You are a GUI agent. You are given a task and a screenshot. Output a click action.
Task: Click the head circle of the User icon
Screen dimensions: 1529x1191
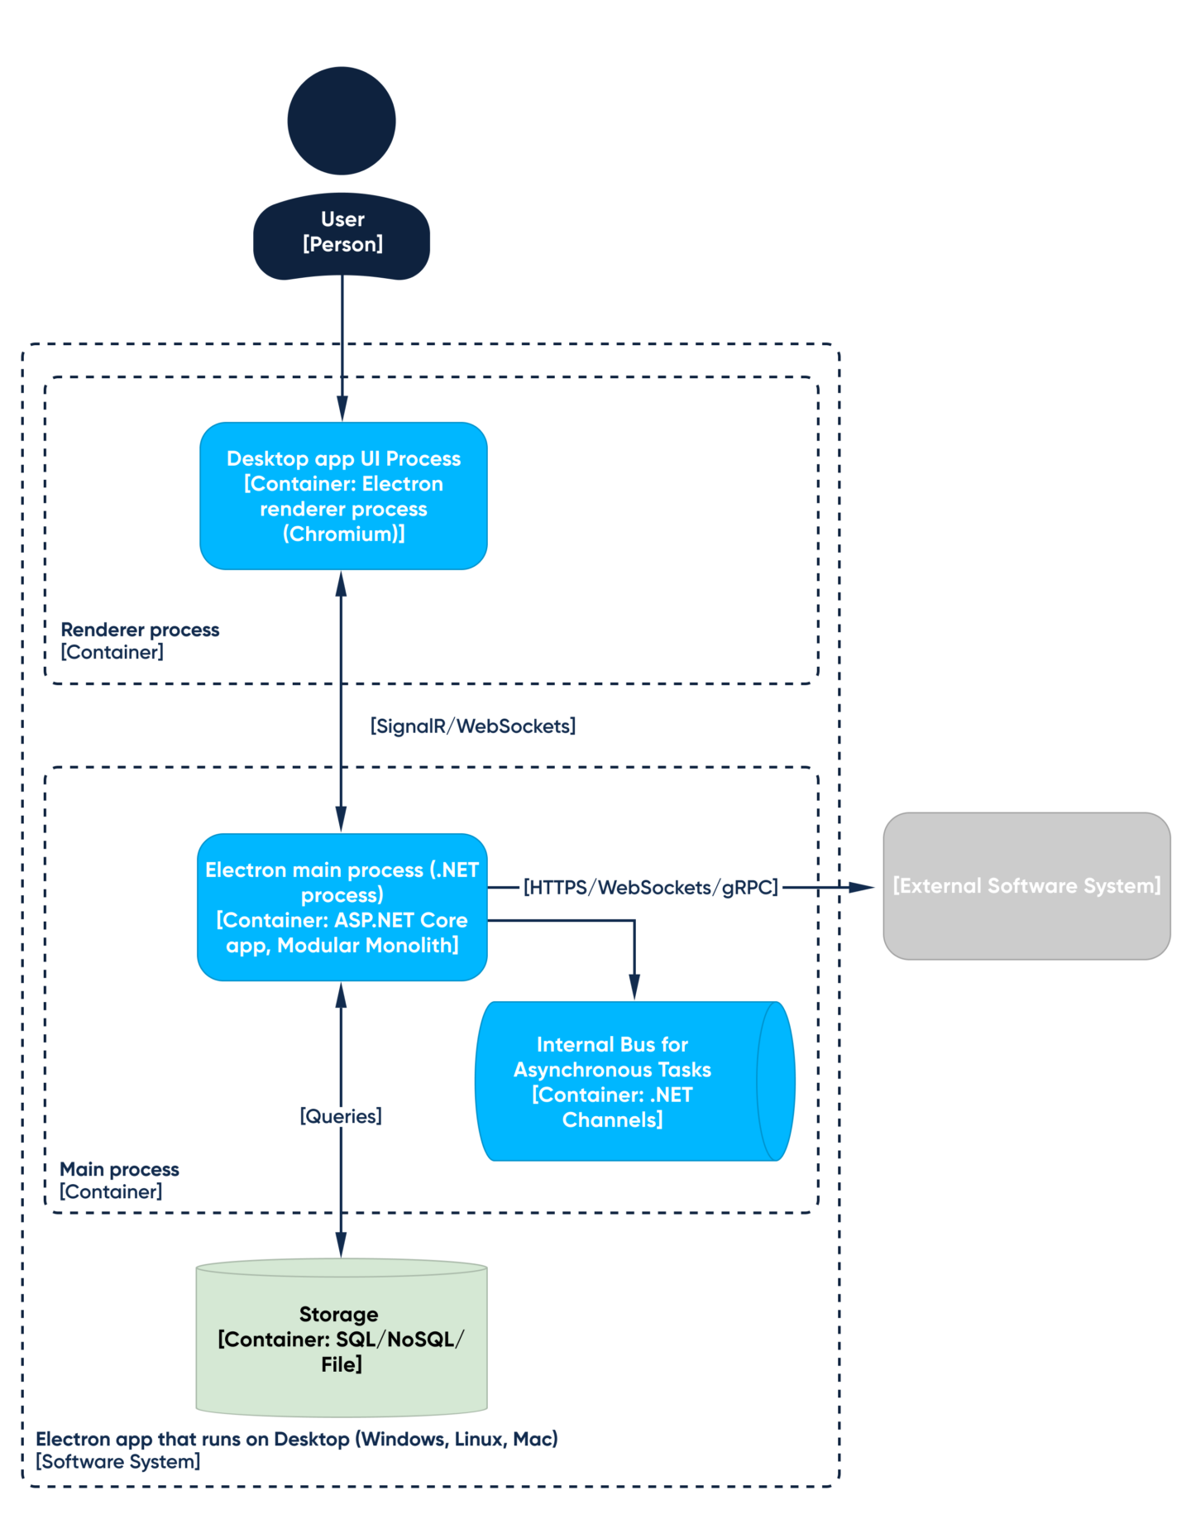(341, 121)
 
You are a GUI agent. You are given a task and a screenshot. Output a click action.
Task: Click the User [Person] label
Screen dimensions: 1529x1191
(342, 232)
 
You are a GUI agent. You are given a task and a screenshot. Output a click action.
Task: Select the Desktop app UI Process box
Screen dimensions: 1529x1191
(343, 496)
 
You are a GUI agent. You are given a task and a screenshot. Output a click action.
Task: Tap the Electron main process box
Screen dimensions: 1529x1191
(342, 907)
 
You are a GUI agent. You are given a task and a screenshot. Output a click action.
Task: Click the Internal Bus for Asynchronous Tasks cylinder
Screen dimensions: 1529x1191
(613, 1081)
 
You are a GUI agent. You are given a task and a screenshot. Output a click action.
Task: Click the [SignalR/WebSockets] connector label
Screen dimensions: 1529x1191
(472, 726)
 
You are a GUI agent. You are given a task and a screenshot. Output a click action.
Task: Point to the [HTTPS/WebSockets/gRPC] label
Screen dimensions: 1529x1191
(650, 888)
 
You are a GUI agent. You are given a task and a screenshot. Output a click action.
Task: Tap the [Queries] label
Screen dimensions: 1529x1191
(341, 1116)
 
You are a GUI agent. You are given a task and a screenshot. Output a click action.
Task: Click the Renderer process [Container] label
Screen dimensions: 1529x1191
(140, 641)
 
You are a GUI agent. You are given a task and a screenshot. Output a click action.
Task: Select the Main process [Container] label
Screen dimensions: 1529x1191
(119, 1181)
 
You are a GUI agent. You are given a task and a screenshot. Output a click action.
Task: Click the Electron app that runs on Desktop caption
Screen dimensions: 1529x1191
(296, 1450)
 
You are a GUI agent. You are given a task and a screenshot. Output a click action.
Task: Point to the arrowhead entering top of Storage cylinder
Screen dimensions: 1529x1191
(341, 1245)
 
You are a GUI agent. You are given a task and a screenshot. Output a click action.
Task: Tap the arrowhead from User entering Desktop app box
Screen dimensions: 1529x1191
(342, 409)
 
